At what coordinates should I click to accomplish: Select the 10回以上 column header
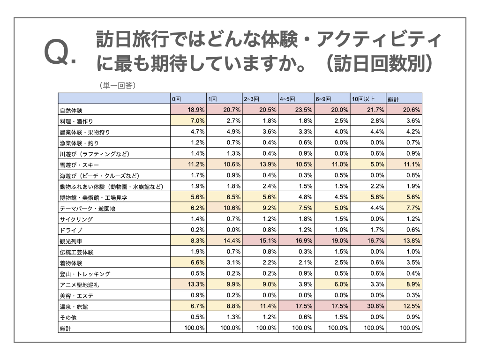[363, 99]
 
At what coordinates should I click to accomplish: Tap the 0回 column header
[176, 99]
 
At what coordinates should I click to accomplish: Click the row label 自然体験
[71, 111]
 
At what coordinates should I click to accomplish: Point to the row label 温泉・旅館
[74, 307]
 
